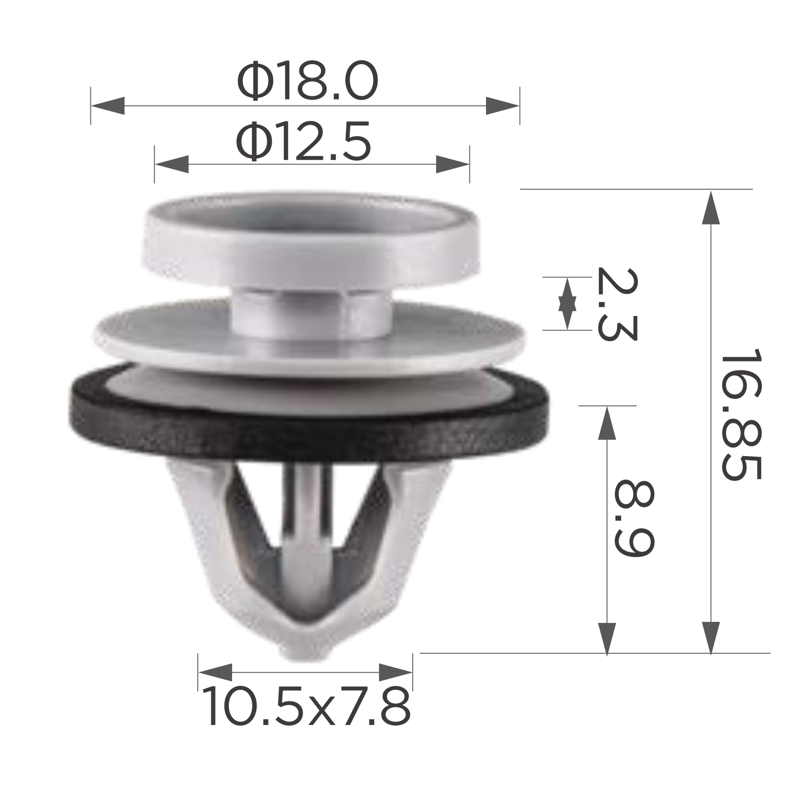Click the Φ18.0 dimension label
307,81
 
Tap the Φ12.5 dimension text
304,141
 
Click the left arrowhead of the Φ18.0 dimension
107,106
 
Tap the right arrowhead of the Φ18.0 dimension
503,106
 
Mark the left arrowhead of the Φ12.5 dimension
171,164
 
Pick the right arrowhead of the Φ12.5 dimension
453,164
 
